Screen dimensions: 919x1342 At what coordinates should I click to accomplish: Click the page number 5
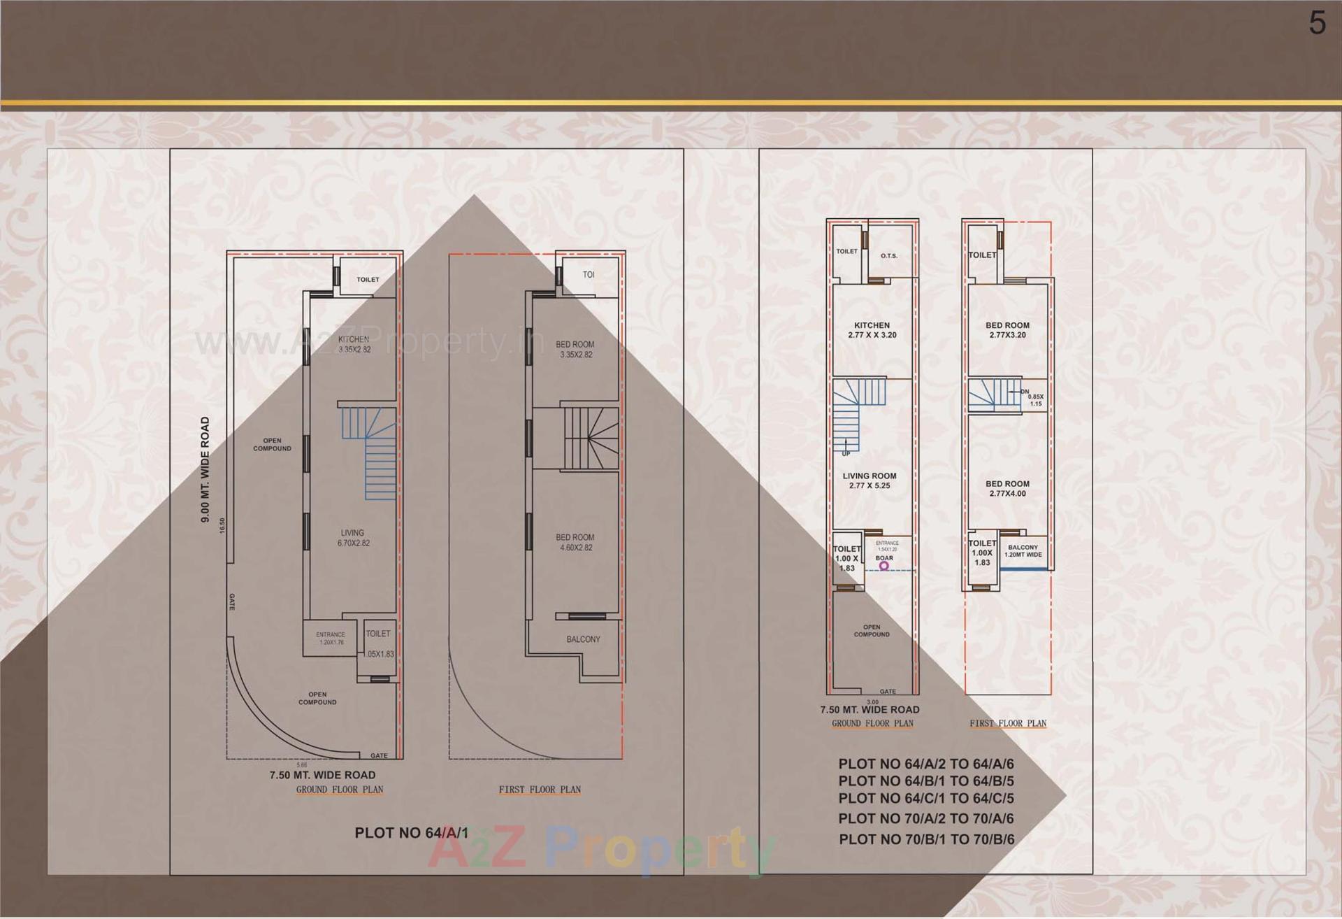click(x=1317, y=24)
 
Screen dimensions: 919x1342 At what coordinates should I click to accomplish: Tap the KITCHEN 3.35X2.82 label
click(x=354, y=344)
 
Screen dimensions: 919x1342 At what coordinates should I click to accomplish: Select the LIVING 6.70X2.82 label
click(x=353, y=538)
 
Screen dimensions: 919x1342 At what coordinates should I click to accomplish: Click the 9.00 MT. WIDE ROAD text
click(x=205, y=469)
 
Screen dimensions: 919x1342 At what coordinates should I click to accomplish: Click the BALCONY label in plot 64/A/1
click(x=583, y=639)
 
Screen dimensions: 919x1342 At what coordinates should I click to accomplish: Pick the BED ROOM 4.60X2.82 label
click(x=575, y=542)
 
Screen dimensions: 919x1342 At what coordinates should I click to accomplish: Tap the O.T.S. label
click(x=888, y=256)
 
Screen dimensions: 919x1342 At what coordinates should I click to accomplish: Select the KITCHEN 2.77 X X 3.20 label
click(x=872, y=330)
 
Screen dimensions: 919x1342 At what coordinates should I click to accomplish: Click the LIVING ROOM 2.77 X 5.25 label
click(x=870, y=480)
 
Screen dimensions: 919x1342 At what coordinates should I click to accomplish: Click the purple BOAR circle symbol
click(x=884, y=566)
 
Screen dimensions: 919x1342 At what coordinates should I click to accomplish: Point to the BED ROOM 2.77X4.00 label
click(x=1007, y=488)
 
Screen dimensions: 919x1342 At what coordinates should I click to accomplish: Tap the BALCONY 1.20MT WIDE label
click(x=1023, y=551)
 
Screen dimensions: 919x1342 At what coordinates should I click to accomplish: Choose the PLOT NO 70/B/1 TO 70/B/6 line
click(x=926, y=839)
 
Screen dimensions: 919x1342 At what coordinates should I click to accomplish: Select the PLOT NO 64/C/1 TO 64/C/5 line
click(x=926, y=798)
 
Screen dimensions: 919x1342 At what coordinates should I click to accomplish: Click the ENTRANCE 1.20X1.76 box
click(x=331, y=638)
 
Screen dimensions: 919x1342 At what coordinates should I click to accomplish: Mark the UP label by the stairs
click(x=846, y=454)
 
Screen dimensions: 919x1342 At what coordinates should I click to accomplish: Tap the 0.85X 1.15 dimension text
click(x=1035, y=400)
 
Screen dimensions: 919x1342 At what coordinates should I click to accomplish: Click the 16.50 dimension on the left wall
click(x=222, y=525)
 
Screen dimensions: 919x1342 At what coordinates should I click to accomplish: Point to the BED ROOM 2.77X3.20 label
click(x=1007, y=330)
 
